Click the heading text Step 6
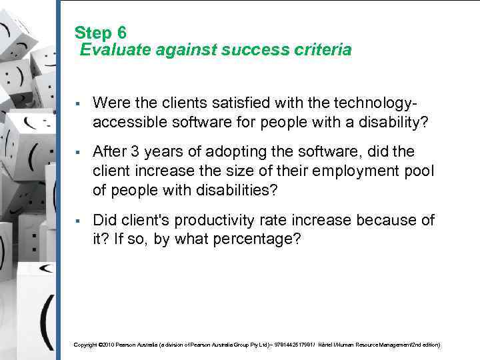point(101,32)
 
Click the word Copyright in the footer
point(85,345)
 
